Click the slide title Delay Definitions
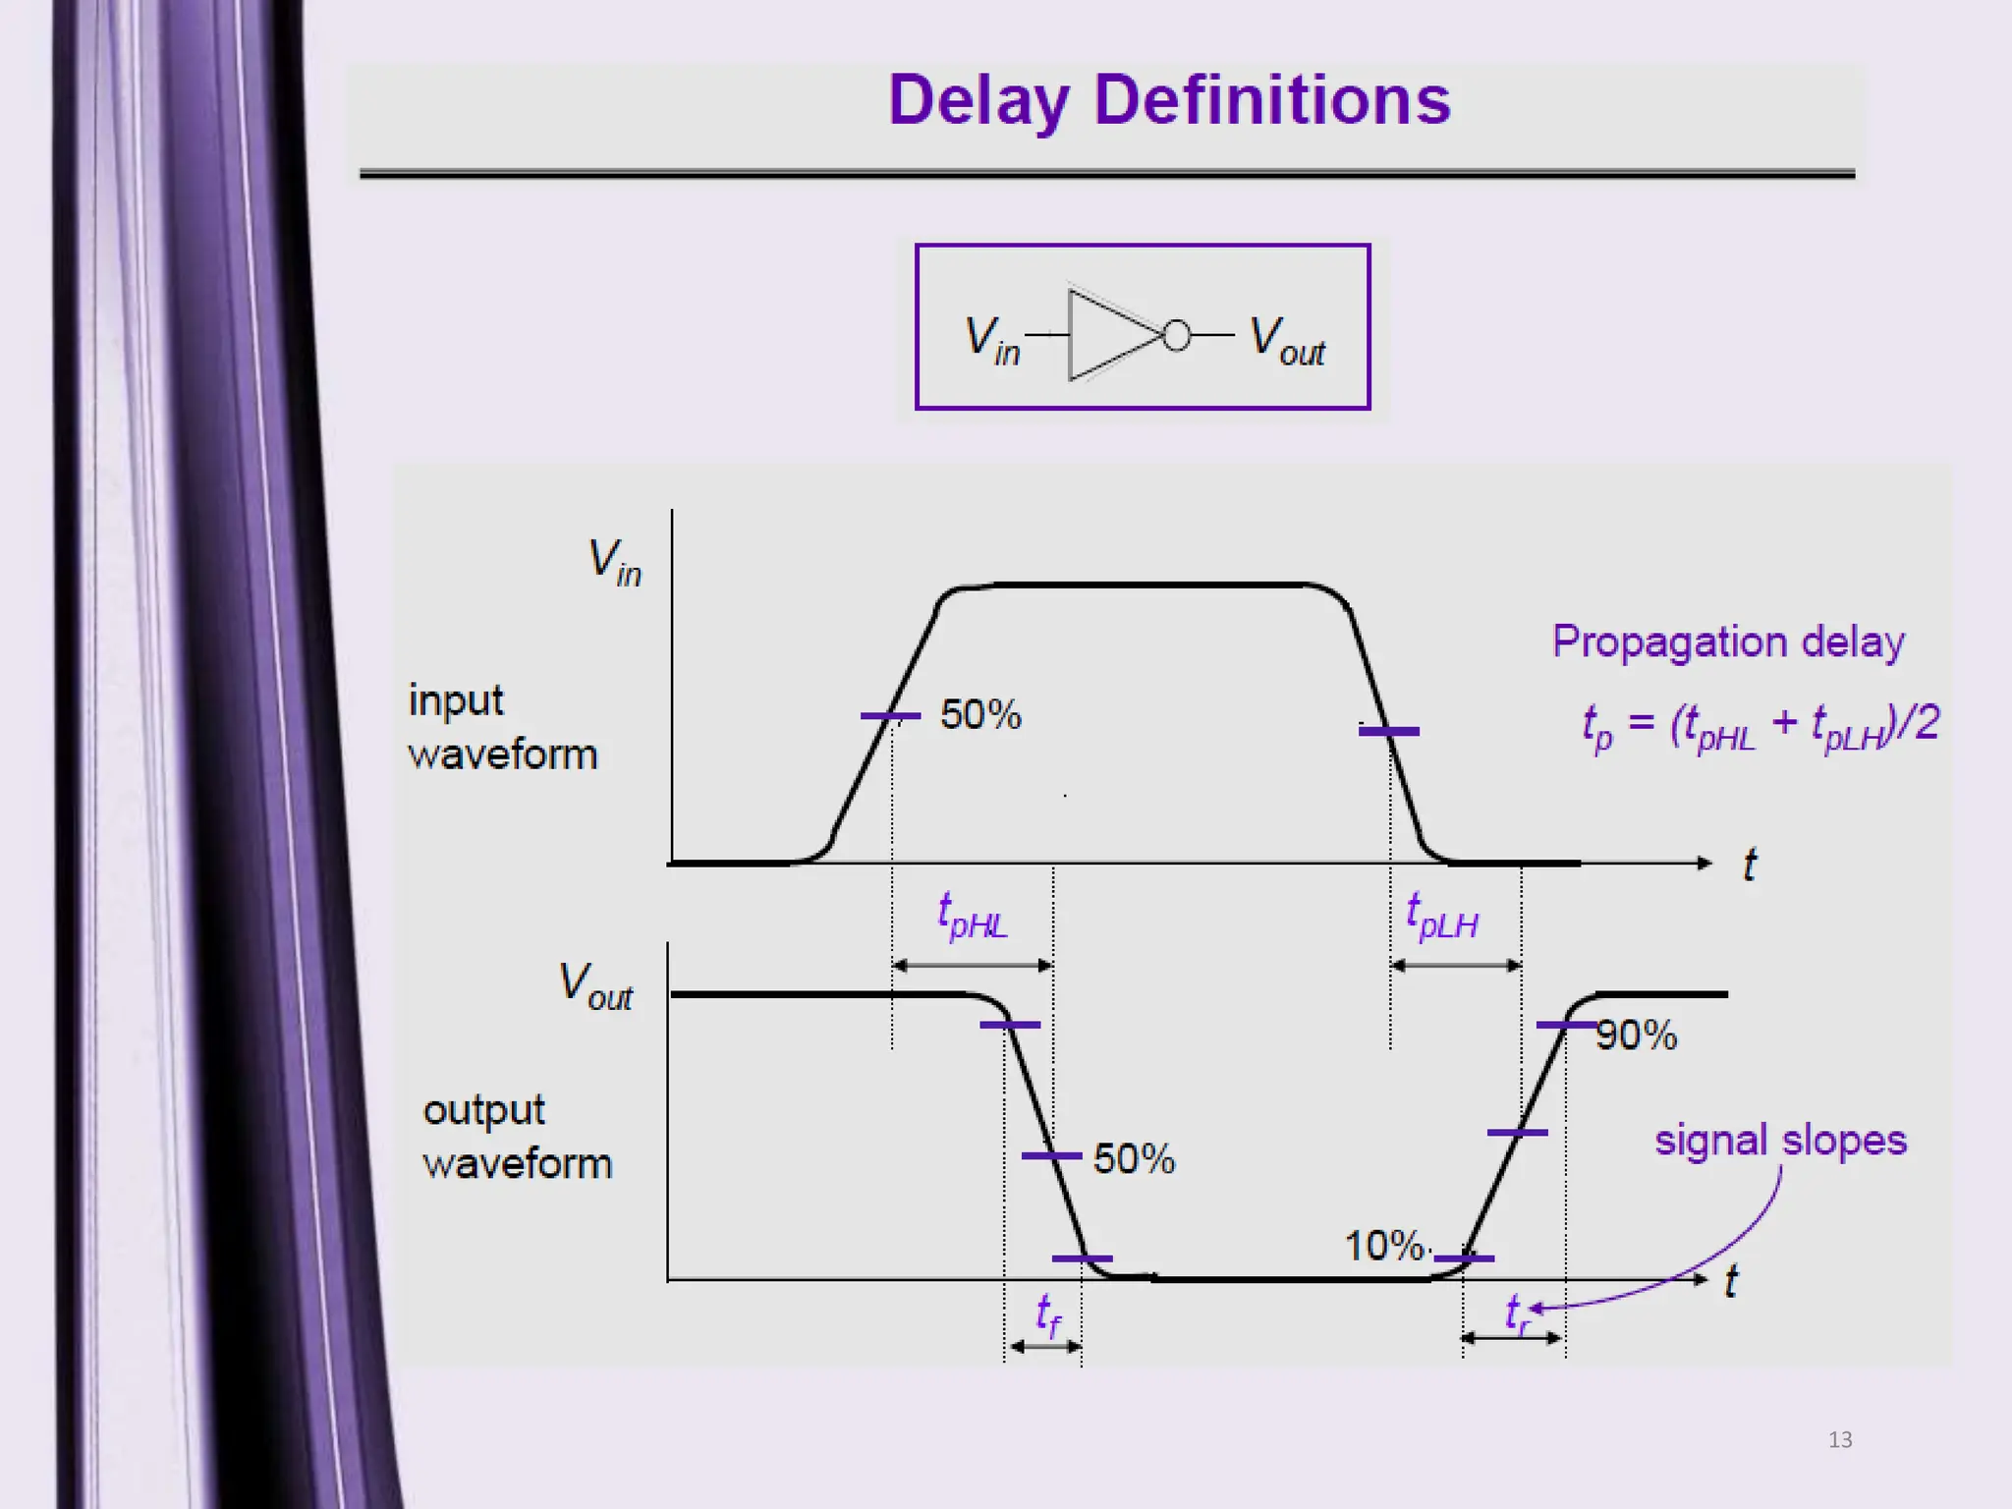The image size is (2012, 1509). [x=1169, y=100]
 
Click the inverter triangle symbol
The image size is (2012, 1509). [x=1110, y=335]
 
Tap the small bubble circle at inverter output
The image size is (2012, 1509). [x=1176, y=336]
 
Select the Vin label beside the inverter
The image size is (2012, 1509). [x=992, y=340]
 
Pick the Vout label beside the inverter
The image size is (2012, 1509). [x=1287, y=340]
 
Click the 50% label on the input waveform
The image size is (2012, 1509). [x=980, y=714]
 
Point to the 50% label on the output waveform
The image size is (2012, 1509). [x=1134, y=1158]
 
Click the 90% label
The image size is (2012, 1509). [x=1637, y=1034]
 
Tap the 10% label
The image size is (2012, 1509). [x=1384, y=1246]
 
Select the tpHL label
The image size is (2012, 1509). [x=972, y=916]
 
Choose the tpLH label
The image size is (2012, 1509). [x=1441, y=916]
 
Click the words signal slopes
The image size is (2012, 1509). [x=1780, y=1141]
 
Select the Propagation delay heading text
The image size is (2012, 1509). [x=1728, y=643]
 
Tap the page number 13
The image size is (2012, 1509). [x=1840, y=1439]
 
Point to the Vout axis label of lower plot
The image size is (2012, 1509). [x=595, y=984]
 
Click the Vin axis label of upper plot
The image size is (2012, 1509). [x=614, y=562]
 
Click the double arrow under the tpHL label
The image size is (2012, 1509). [x=973, y=966]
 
